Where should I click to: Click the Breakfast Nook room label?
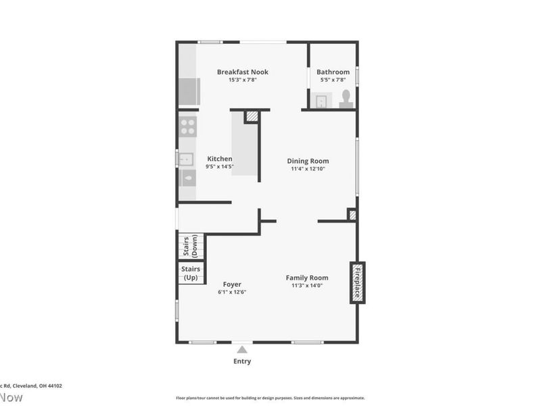[242, 72]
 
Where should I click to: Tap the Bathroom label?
[333, 72]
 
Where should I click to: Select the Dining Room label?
[308, 161]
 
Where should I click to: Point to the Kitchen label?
[219, 159]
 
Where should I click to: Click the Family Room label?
[306, 277]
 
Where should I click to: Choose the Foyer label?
[231, 284]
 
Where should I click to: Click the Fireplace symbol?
[357, 282]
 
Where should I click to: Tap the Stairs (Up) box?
[190, 273]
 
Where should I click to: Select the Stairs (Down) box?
[191, 246]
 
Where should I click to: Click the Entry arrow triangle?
[242, 349]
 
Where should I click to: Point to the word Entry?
[242, 361]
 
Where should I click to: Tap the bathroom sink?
[321, 101]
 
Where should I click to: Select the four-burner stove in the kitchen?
[187, 127]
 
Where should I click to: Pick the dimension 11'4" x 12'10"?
[308, 169]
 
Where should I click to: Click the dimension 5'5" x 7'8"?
[333, 80]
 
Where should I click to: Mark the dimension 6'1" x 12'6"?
[231, 292]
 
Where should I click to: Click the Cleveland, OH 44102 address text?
[37, 386]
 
